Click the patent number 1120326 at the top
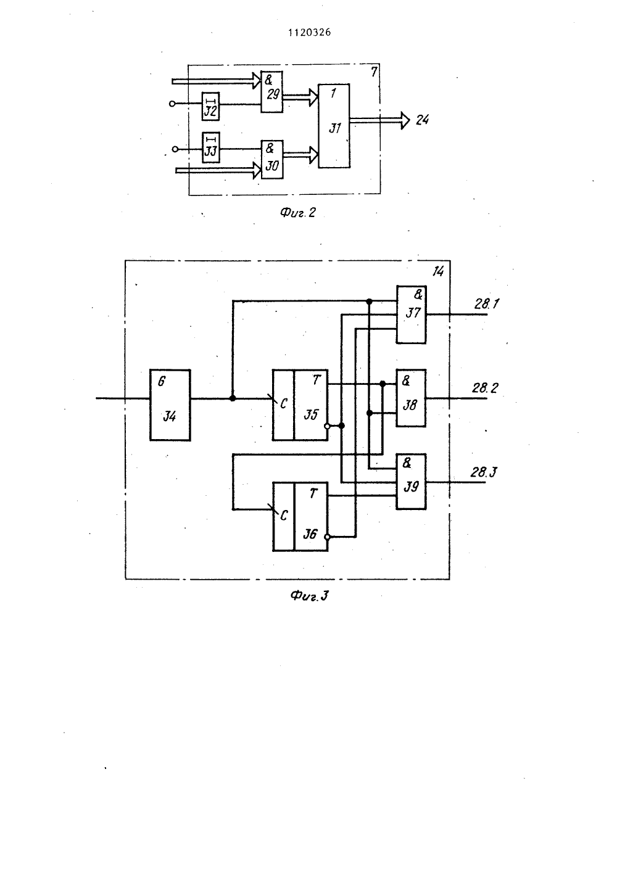tap(309, 32)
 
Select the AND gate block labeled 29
tap(271, 92)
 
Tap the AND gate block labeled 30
tap(272, 160)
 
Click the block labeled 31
tap(334, 126)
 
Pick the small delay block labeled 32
tap(211, 106)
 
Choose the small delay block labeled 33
tap(211, 148)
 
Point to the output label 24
tap(422, 120)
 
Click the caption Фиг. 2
tap(298, 213)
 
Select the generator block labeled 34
tap(170, 405)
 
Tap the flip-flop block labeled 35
tap(300, 405)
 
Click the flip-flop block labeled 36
tap(300, 517)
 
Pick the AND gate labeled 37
tap(412, 315)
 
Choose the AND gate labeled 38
tap(412, 398)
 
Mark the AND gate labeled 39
tap(412, 482)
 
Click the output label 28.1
tap(487, 303)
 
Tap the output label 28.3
tap(484, 472)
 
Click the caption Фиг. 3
tap(310, 596)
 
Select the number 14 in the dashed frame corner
tap(438, 271)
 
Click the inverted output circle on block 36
tap(328, 537)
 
